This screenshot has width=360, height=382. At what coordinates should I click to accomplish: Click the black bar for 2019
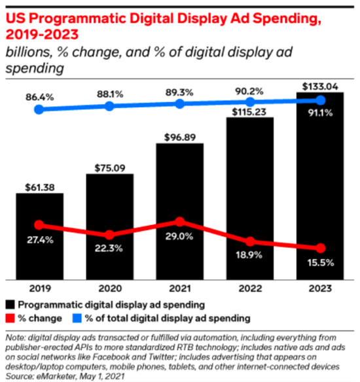(x=40, y=235)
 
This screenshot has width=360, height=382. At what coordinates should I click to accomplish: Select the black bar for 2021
(x=180, y=209)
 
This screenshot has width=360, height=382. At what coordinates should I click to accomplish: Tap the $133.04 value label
(x=320, y=85)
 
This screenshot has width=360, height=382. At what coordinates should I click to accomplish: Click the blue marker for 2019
(x=40, y=109)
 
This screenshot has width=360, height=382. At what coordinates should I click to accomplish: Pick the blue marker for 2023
(x=320, y=100)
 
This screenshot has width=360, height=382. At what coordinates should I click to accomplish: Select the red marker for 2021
(x=180, y=222)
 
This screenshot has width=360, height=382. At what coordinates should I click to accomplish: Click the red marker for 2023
(x=320, y=249)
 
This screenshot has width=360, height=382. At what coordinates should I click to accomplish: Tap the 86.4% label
(x=40, y=95)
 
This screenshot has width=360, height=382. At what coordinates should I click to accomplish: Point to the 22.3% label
(x=110, y=249)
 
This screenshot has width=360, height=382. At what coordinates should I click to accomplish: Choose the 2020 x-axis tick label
(x=110, y=288)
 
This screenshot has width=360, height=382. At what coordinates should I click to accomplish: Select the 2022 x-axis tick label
(x=250, y=288)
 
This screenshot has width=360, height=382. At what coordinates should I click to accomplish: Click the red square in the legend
(x=10, y=319)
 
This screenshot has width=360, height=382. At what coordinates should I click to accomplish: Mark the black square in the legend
(x=10, y=305)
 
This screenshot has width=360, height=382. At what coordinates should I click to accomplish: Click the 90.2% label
(x=250, y=91)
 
